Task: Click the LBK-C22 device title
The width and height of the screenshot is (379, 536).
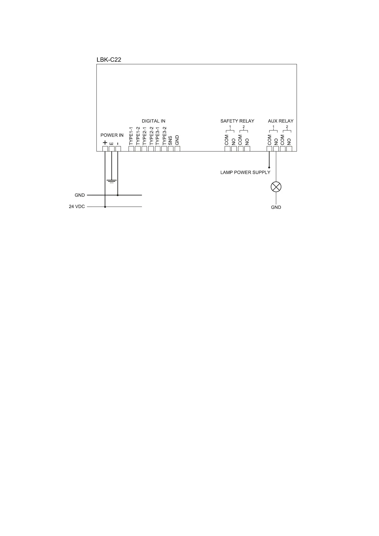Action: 109,60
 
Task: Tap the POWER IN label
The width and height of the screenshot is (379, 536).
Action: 112,135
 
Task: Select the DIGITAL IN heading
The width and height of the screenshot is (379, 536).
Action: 153,121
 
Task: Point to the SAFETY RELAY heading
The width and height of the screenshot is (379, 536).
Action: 237,121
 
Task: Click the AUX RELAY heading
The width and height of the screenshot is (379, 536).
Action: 281,121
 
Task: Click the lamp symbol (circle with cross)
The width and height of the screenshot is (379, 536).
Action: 276,187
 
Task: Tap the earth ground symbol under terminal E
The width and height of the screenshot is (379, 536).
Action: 111,181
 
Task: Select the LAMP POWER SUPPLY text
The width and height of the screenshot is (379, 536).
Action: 245,173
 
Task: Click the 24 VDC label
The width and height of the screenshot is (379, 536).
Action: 77,207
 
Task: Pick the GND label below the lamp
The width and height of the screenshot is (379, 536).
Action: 276,207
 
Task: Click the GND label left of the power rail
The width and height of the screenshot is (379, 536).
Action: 80,195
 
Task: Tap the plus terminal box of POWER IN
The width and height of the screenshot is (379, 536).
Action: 105,148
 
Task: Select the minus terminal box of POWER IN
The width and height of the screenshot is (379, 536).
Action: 118,148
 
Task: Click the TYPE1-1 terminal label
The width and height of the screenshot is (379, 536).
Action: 131,136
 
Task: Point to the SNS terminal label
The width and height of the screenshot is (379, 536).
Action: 171,140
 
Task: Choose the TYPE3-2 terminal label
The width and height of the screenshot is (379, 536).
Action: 164,136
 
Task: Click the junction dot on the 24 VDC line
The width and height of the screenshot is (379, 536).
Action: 105,207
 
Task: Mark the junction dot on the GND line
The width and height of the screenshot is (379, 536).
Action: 118,195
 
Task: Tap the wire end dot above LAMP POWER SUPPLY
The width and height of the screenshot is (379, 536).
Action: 269,167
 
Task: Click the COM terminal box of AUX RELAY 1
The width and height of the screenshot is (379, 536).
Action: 269,148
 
